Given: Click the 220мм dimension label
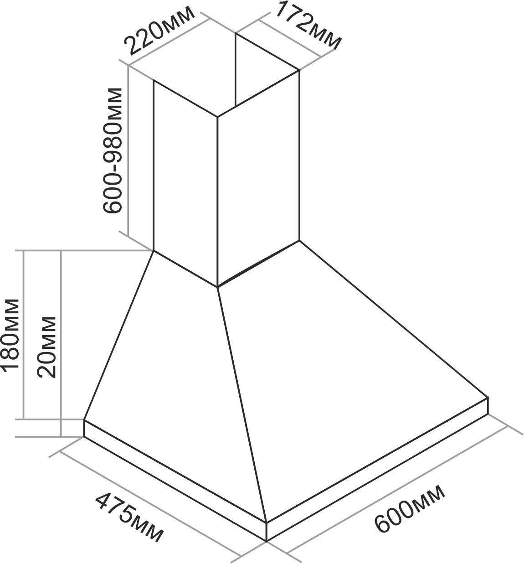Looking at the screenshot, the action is [x=159, y=31].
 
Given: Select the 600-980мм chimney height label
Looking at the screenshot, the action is [x=113, y=150].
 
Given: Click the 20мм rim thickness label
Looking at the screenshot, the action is [x=46, y=347].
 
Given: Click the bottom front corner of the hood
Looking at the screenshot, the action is [x=266, y=541].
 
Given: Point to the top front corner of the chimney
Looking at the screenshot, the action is [x=217, y=117].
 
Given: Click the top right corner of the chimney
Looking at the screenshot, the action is [x=299, y=70].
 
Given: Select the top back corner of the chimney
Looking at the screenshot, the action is [x=236, y=33].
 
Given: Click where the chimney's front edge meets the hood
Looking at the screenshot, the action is [x=217, y=287].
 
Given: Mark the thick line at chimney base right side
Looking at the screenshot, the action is [x=258, y=264].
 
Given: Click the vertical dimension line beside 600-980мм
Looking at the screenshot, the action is [x=128, y=151].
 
